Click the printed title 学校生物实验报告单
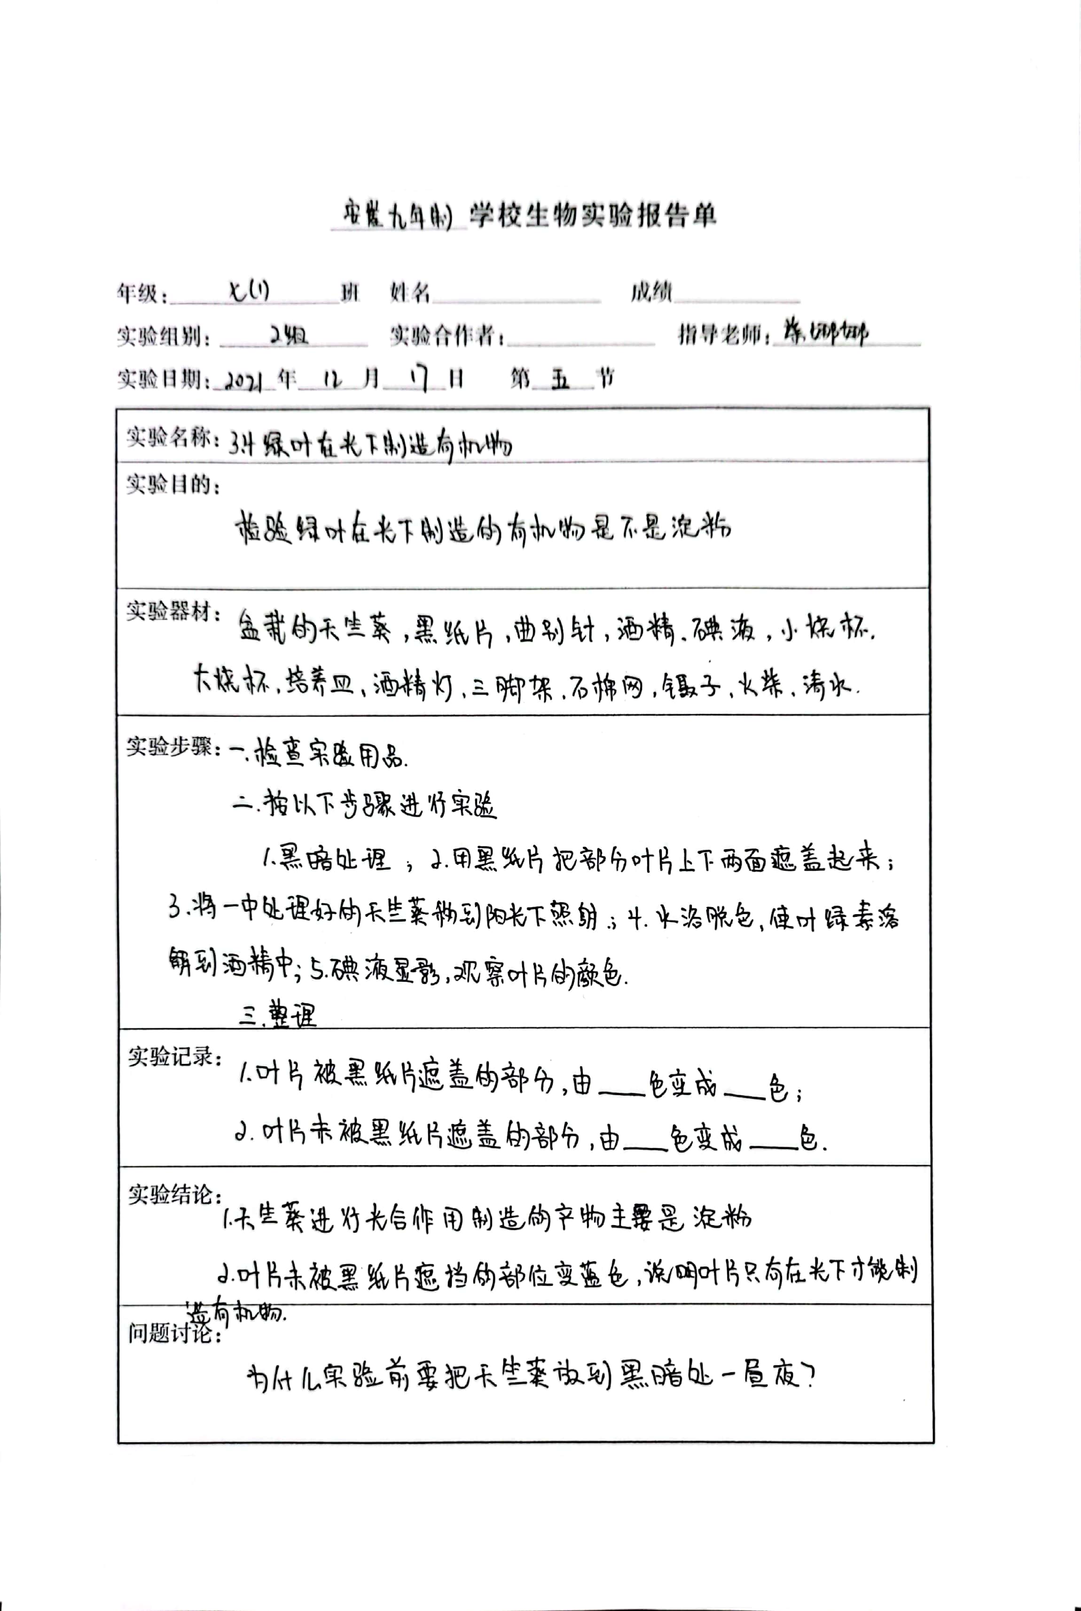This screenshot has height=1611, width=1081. [x=593, y=216]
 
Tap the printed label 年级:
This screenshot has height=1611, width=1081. [x=142, y=294]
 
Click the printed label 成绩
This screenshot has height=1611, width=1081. [x=650, y=292]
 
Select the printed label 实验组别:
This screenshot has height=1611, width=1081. [x=164, y=336]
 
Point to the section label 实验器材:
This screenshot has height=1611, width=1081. [x=172, y=611]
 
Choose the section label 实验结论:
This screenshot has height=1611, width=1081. [x=174, y=1195]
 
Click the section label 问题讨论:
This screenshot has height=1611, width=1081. [x=174, y=1334]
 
